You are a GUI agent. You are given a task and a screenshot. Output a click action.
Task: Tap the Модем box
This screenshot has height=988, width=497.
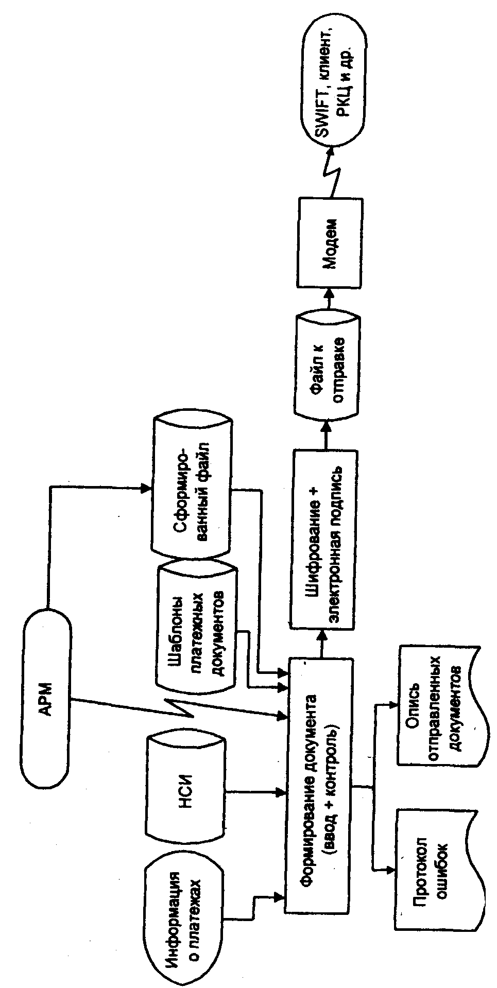(x=330, y=241)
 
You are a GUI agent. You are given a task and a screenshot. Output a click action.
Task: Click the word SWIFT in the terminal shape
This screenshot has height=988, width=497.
(x=323, y=116)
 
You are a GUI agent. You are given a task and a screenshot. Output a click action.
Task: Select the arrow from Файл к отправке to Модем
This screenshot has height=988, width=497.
(x=328, y=298)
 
